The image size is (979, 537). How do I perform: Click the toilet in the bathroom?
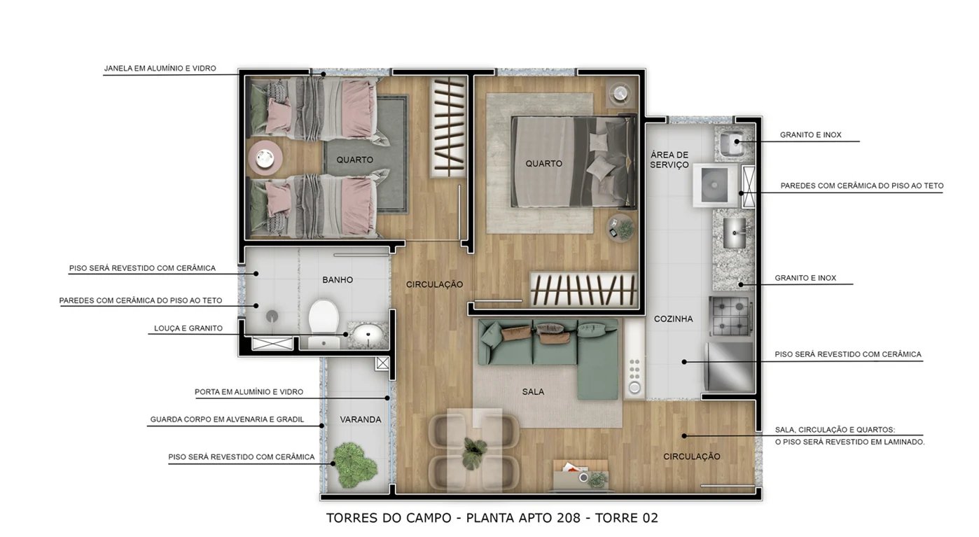tap(324, 317)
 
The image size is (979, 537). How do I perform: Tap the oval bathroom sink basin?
tap(367, 335)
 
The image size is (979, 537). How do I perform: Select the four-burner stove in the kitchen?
tap(730, 316)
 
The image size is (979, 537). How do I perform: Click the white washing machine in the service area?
tap(716, 185)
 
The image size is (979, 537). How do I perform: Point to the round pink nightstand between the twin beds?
tap(265, 159)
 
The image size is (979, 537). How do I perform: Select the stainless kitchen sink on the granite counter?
tap(734, 232)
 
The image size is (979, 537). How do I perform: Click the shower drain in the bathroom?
tap(272, 316)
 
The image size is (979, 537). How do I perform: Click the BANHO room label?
tap(338, 280)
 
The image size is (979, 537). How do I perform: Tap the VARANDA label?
tap(361, 420)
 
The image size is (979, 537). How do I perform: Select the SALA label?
tap(533, 392)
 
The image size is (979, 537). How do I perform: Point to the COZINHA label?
tap(673, 319)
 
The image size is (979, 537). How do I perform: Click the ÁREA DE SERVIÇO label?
tap(669, 160)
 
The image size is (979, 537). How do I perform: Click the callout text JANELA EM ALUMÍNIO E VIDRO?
tap(160, 69)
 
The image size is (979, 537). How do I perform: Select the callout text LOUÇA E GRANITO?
tap(188, 328)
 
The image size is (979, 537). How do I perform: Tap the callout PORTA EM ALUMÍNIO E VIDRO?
tap(249, 392)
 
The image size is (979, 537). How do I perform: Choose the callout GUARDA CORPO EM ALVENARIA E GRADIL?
tap(227, 420)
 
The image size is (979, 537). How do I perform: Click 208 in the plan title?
tap(567, 518)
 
